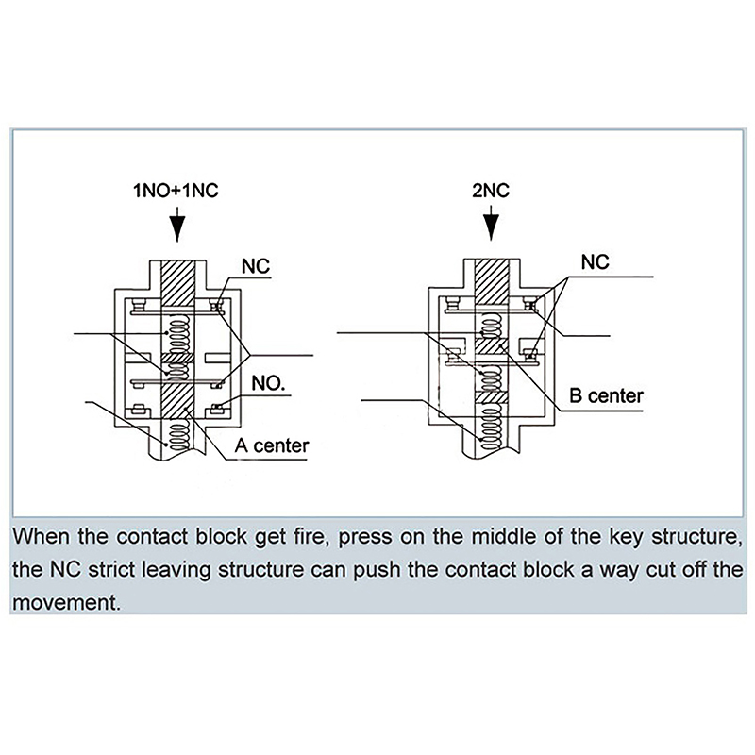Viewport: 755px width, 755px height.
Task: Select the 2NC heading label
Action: (x=490, y=191)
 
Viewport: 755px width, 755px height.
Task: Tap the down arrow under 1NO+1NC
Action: (x=176, y=227)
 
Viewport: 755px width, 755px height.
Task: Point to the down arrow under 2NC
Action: (x=490, y=227)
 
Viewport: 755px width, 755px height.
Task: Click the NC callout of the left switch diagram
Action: (x=256, y=268)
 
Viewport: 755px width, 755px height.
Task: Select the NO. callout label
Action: (x=269, y=383)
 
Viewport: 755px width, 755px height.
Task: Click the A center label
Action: (x=271, y=445)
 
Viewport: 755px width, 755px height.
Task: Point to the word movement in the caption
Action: (x=67, y=601)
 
